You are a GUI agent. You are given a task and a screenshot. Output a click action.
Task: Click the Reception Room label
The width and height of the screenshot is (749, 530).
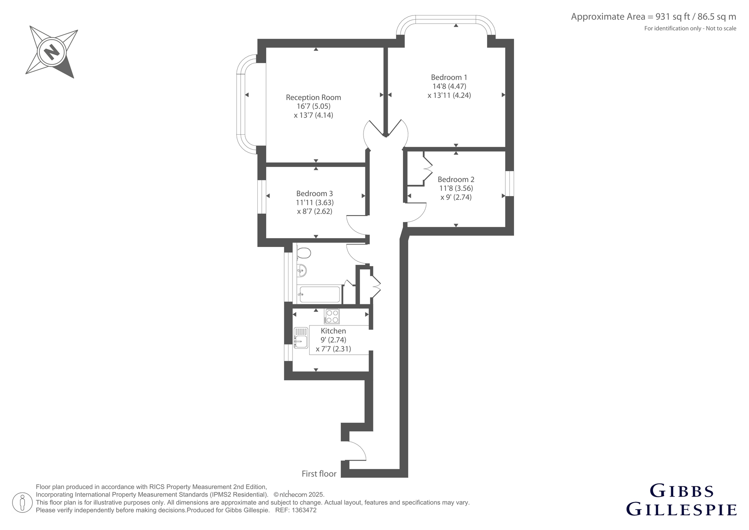pos(313,98)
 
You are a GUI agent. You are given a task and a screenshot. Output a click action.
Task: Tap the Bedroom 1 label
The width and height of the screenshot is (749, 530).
pos(449,77)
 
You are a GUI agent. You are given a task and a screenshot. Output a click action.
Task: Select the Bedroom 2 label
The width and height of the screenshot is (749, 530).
pos(456,179)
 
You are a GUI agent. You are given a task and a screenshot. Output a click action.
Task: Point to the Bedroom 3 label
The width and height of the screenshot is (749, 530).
pos(315,193)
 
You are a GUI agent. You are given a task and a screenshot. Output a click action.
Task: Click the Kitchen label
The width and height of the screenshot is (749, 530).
pos(333,331)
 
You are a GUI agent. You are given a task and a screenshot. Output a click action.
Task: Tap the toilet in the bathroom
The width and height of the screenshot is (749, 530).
pos(303,253)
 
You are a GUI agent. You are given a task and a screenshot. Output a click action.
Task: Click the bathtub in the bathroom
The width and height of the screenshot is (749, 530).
pos(320,294)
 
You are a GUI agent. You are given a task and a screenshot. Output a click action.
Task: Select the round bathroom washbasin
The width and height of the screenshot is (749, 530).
pos(302,271)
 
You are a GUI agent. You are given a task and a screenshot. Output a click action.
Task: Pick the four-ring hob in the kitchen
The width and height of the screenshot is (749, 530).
pos(332,316)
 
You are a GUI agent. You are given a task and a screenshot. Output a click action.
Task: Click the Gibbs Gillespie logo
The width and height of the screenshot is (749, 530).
pos(681,500)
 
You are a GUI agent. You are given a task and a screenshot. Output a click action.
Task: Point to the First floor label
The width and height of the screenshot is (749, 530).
pos(319,474)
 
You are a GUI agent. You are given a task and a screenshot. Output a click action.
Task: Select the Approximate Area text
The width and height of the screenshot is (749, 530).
pos(653,17)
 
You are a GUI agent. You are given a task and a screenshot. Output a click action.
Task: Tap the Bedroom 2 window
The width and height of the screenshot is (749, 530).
pos(510,184)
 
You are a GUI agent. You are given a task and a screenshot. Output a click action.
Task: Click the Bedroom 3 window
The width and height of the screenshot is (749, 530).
pos(262,197)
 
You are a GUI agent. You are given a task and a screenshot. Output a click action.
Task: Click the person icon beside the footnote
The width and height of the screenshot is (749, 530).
pos(22,503)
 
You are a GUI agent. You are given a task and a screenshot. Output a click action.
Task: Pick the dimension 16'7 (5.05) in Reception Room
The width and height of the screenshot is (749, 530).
pos(313,106)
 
